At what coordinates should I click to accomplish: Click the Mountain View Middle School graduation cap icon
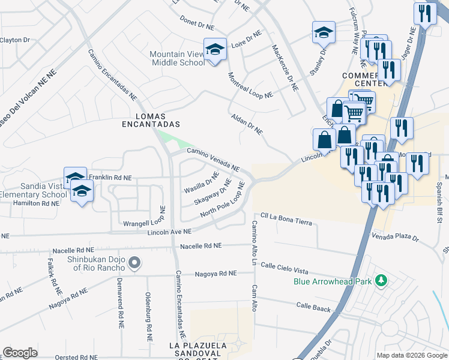215,50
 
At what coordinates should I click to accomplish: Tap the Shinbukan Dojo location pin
135,263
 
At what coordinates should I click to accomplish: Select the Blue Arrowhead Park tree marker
379,280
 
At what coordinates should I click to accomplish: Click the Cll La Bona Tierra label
286,219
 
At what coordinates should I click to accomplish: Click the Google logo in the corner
20,353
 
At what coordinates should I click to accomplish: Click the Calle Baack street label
313,307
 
